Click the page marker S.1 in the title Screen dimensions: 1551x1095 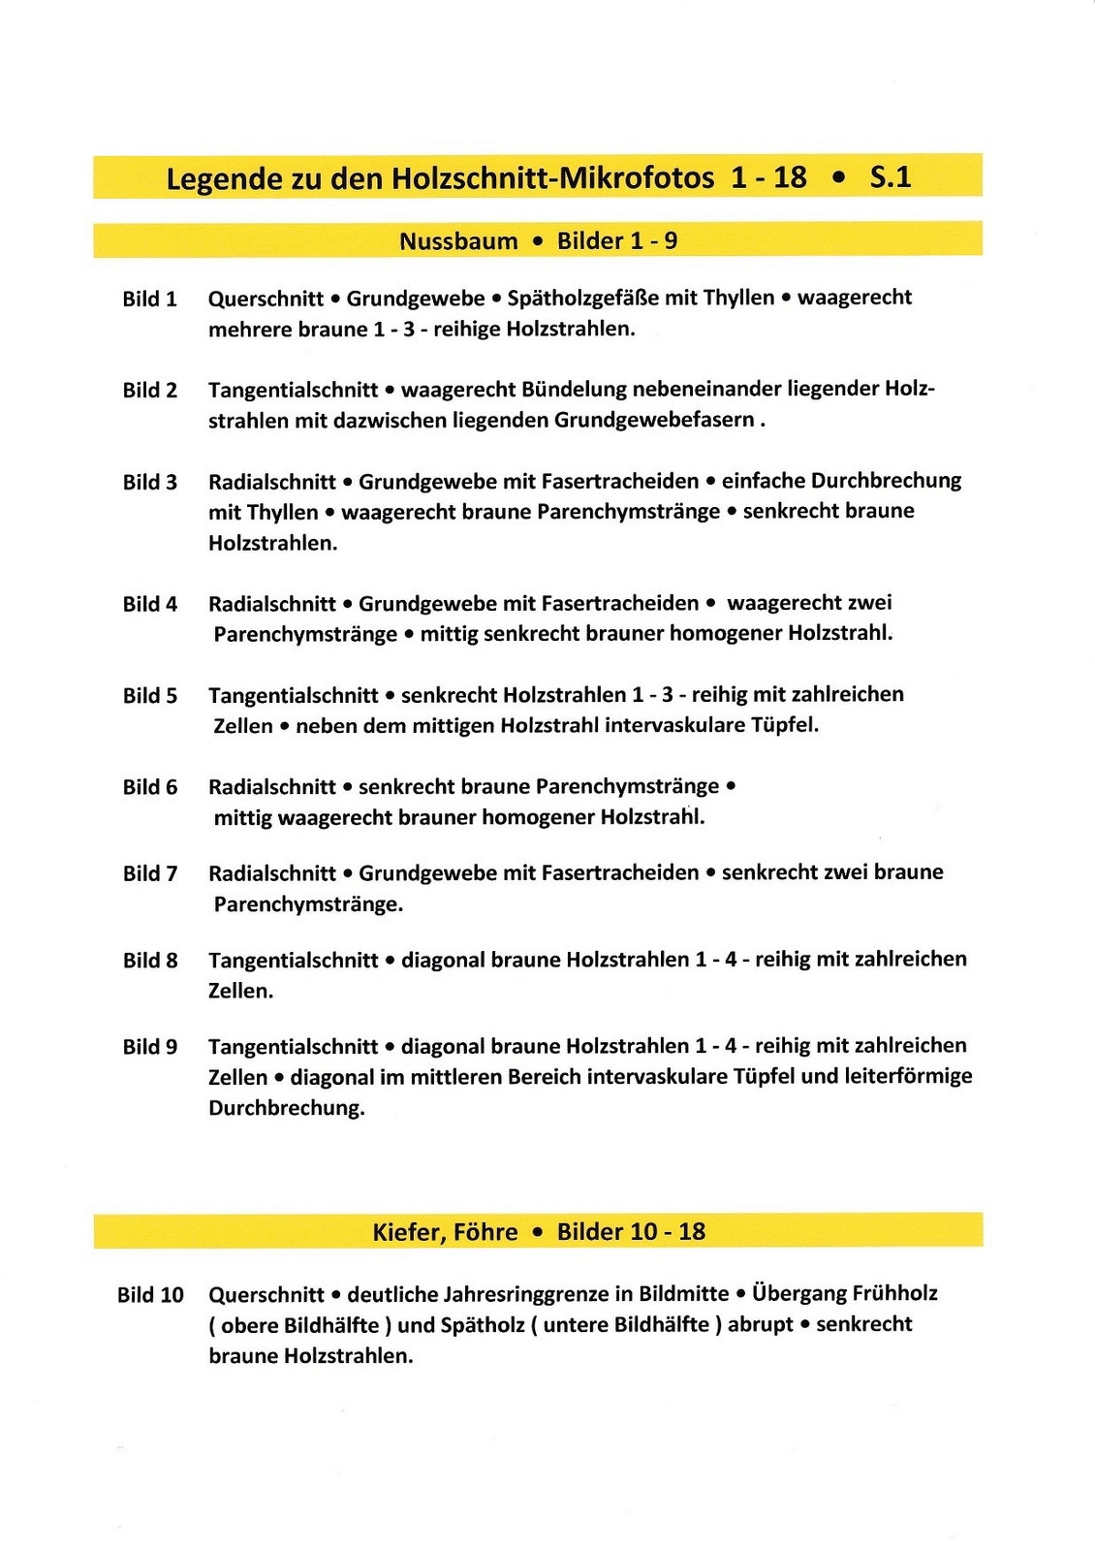pyautogui.click(x=891, y=176)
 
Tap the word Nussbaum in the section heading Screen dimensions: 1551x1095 pyautogui.click(x=458, y=240)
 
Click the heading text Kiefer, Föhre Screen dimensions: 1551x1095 pyautogui.click(x=445, y=1232)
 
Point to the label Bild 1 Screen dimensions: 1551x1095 pyautogui.click(x=149, y=299)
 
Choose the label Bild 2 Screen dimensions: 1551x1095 pyautogui.click(x=149, y=390)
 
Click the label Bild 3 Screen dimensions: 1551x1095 pyautogui.click(x=149, y=482)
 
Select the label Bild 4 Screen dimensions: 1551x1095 pyautogui.click(x=149, y=604)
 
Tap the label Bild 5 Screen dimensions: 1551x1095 pyautogui.click(x=149, y=695)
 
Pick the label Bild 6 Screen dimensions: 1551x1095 pyautogui.click(x=149, y=787)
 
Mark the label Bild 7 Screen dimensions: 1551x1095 pyautogui.click(x=149, y=873)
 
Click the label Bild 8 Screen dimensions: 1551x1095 pyautogui.click(x=149, y=960)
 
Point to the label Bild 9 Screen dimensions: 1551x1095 pyautogui.click(x=149, y=1047)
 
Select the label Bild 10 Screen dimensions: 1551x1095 pyautogui.click(x=150, y=1295)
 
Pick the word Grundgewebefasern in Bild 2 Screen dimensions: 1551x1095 pyautogui.click(x=654, y=421)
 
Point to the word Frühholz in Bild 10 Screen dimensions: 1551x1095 pyautogui.click(x=894, y=1293)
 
